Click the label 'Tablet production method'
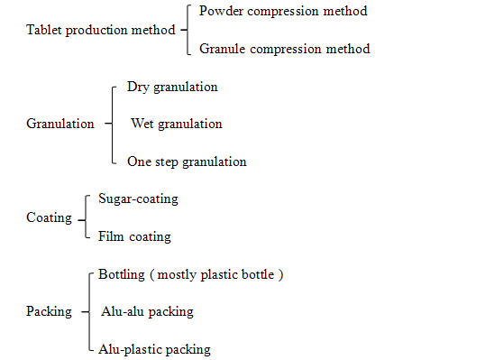(100, 30)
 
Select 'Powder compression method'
(283, 12)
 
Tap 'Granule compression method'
(284, 49)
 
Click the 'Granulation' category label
(60, 124)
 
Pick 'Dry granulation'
(171, 88)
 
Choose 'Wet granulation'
(176, 124)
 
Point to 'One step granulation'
(187, 162)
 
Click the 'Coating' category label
(49, 217)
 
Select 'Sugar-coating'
(138, 198)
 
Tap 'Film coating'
(134, 236)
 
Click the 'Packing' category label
(49, 311)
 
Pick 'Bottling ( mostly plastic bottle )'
(191, 273)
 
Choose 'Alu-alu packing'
(147, 311)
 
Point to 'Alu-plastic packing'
(154, 348)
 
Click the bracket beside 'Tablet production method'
(186, 30)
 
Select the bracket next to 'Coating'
(85, 217)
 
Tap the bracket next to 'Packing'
(88, 311)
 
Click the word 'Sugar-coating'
(138, 198)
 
